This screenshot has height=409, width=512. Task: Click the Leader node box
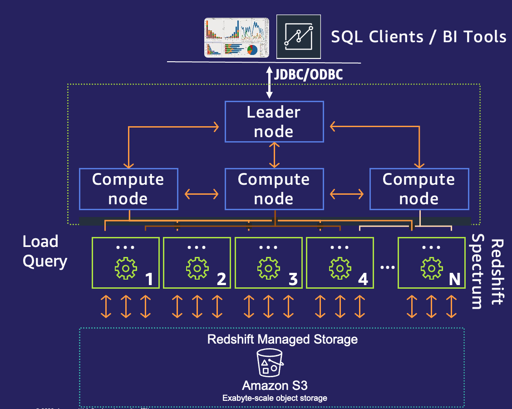pos(274,121)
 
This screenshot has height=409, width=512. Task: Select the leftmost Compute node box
pos(128,189)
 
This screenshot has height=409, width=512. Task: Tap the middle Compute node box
pos(274,189)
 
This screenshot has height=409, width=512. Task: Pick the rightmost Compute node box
pos(419,189)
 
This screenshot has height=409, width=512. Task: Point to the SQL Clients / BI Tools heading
pos(418,36)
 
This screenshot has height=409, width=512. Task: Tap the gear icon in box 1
pos(126,269)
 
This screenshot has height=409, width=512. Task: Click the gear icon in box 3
pos(269,269)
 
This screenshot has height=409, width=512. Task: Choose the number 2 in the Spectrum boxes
pos(222,279)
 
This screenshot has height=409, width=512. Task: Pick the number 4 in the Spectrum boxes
pos(363,279)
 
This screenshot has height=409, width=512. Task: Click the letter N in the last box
pos(454,279)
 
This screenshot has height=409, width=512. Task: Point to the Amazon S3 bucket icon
pos(271,363)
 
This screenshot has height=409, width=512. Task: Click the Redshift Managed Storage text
pos(282,339)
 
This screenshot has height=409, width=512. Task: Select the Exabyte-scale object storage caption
pos(275,398)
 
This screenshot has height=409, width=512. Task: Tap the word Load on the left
pos(40,241)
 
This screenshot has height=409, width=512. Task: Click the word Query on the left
pos(45,261)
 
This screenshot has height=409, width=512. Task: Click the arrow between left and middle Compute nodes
pos(202,194)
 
